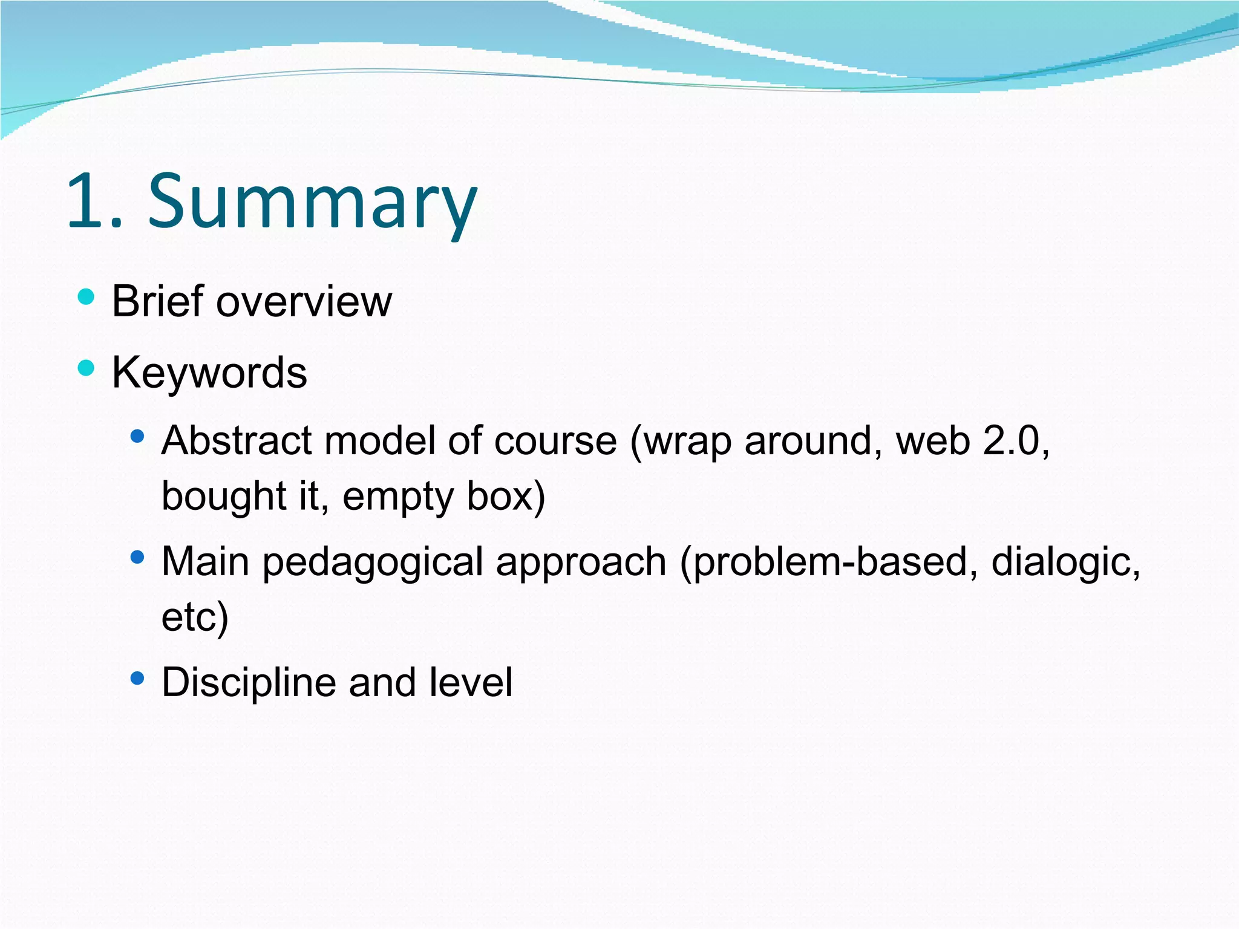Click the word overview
[x=304, y=302]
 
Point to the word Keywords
[x=209, y=372]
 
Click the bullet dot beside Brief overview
[x=87, y=297]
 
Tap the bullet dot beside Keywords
[x=87, y=368]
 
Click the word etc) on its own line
[x=195, y=617]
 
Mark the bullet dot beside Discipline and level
[x=137, y=677]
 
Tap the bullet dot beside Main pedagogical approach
[x=137, y=556]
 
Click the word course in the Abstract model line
[x=555, y=441]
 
